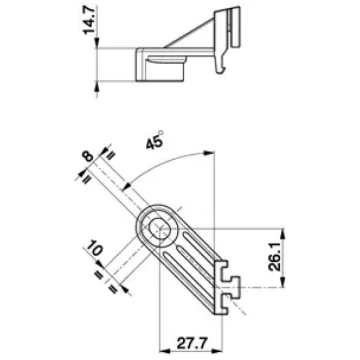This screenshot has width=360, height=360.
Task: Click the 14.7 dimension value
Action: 90,21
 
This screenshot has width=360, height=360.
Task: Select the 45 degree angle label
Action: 155,141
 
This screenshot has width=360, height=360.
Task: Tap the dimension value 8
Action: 88,156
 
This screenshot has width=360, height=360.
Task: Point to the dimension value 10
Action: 95,248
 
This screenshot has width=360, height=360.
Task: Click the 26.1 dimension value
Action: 275,258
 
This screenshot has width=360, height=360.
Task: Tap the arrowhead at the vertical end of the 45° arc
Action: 209,153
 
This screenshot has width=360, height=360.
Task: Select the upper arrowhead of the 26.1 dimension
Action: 283,233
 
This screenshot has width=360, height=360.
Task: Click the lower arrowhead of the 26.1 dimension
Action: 283,282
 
